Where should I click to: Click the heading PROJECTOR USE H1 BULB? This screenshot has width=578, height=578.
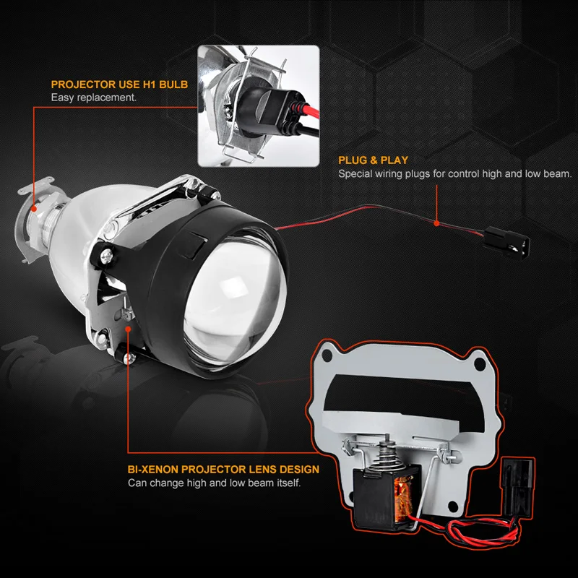pos(119,85)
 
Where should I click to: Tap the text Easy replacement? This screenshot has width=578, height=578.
pos(93,98)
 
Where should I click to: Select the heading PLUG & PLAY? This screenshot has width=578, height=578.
pos(373,160)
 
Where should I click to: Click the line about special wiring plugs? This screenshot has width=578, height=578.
pos(455,174)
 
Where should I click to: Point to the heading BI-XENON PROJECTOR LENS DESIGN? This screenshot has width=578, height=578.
pos(223,470)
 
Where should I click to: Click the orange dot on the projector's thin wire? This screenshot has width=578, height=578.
pos(436,223)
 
